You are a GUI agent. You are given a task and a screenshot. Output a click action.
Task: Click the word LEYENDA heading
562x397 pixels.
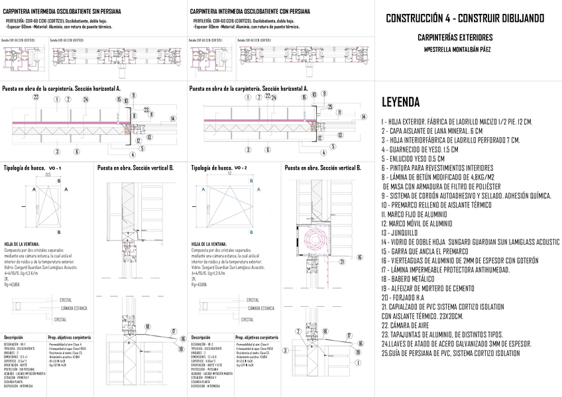pyautogui.click(x=400, y=102)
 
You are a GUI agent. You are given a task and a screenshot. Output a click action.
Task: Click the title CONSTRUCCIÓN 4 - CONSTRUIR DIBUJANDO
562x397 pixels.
pyautogui.click(x=465, y=19)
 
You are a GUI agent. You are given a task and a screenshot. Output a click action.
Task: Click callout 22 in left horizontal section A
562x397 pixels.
pyautogui.click(x=36, y=98)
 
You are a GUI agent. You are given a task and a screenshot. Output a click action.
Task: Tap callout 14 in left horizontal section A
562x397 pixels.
pyautogui.click(x=172, y=119)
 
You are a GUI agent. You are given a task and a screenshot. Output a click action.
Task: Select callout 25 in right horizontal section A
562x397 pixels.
pyautogui.click(x=329, y=106)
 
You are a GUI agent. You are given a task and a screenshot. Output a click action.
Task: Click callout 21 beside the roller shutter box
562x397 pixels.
pyautogui.click(x=342, y=261)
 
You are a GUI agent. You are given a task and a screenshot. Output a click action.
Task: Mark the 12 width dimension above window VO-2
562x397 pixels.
pyautogui.click(x=229, y=174)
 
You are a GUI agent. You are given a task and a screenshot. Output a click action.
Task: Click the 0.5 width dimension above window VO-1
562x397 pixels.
pyautogui.click(x=48, y=175)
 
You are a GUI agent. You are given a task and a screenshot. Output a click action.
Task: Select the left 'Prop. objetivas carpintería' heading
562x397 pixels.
pyautogui.click(x=70, y=337)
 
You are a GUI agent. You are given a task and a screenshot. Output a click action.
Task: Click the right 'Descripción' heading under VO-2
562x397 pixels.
pyautogui.click(x=201, y=337)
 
